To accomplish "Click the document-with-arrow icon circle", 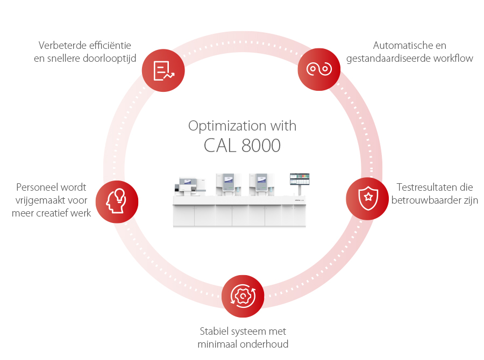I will point(163,70).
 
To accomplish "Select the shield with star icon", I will point(367,198).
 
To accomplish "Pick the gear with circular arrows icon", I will point(243,296).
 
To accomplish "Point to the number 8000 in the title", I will point(261,145).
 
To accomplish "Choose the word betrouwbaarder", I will point(429,200).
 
